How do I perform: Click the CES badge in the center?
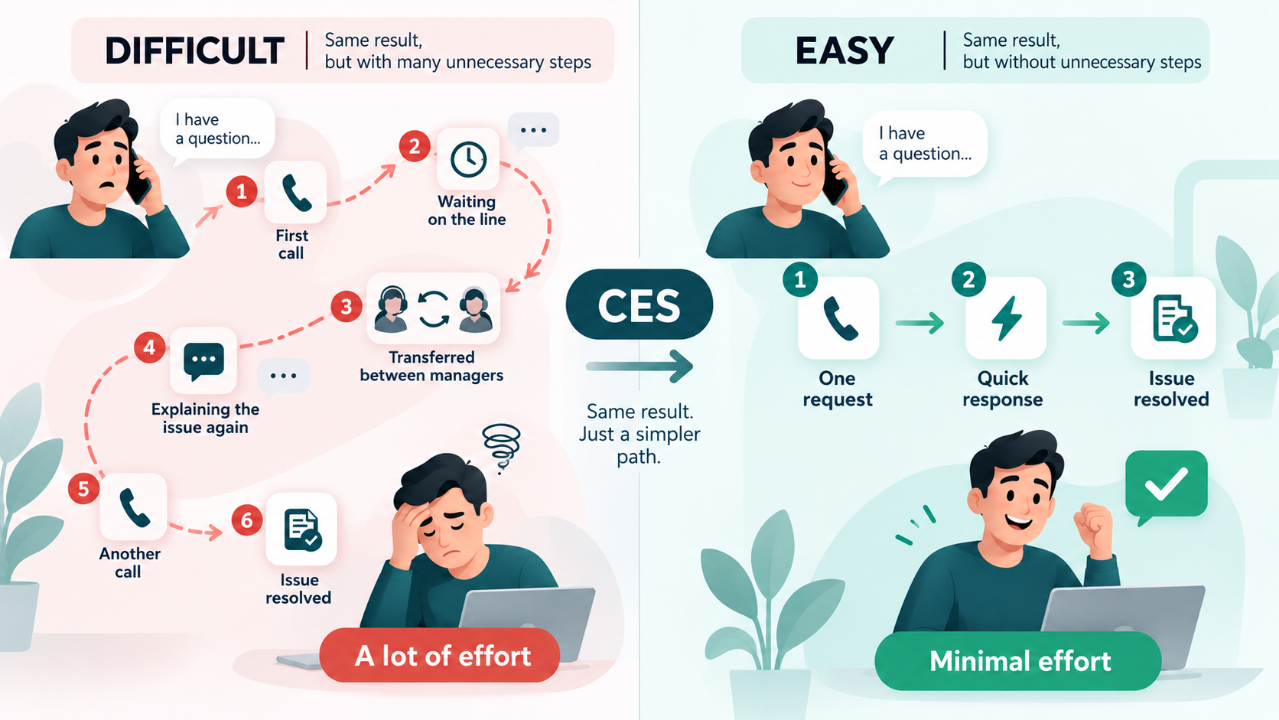639,305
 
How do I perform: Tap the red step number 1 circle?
242,191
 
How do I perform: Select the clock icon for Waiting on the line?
468,158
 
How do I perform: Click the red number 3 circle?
347,307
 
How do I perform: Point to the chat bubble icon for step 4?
203,361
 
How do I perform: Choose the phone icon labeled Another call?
134,507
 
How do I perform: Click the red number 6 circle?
247,520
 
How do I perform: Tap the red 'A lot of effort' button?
439,655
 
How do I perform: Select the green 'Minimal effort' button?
1018,660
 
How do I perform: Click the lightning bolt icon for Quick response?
1006,318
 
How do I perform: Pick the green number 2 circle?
968,280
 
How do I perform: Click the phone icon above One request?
840,318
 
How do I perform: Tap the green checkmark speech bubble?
1166,486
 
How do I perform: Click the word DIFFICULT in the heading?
194,50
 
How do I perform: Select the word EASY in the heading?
845,50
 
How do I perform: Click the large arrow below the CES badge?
639,366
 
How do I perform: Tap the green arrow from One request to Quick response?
919,323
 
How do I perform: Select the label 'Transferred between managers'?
431,366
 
